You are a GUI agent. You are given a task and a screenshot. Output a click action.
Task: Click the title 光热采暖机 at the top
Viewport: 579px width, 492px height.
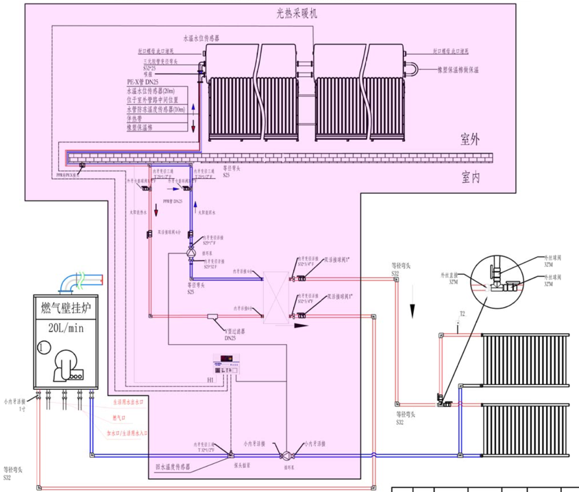296,13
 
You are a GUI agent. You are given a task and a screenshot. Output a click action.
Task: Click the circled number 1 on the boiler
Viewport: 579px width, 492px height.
45,347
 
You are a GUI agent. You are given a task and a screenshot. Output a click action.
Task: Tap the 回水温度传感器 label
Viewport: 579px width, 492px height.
172,467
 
